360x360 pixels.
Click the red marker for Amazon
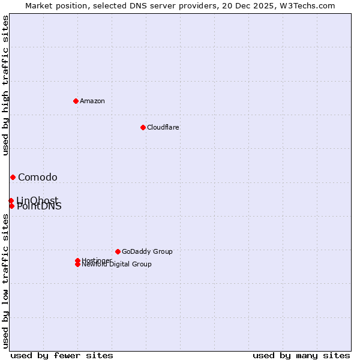point(76,101)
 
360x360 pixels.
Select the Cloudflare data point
point(143,127)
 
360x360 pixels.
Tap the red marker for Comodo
point(13,177)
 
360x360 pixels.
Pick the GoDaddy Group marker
point(118,251)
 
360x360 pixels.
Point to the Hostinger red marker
point(77,260)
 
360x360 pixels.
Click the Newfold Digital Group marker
point(77,264)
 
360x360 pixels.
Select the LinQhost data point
point(11,200)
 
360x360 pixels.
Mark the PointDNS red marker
point(11,206)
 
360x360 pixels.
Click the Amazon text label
point(92,101)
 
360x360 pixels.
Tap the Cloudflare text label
point(163,127)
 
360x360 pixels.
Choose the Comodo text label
point(38,177)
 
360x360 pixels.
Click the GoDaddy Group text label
point(147,251)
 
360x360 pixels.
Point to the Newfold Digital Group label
point(117,265)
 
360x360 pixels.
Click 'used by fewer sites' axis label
point(62,355)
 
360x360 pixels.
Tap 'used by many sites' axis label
point(301,355)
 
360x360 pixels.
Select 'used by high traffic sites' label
point(6,85)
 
